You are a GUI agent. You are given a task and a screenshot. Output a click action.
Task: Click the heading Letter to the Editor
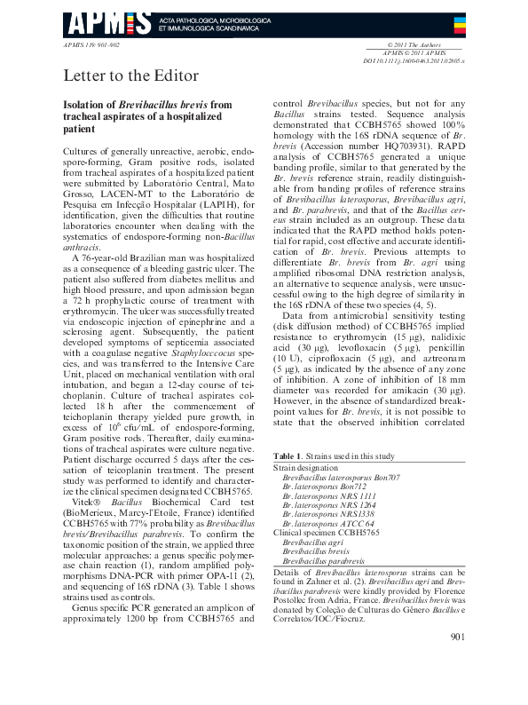pos(130,75)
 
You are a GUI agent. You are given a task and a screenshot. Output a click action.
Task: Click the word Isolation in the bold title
pos(87,105)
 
